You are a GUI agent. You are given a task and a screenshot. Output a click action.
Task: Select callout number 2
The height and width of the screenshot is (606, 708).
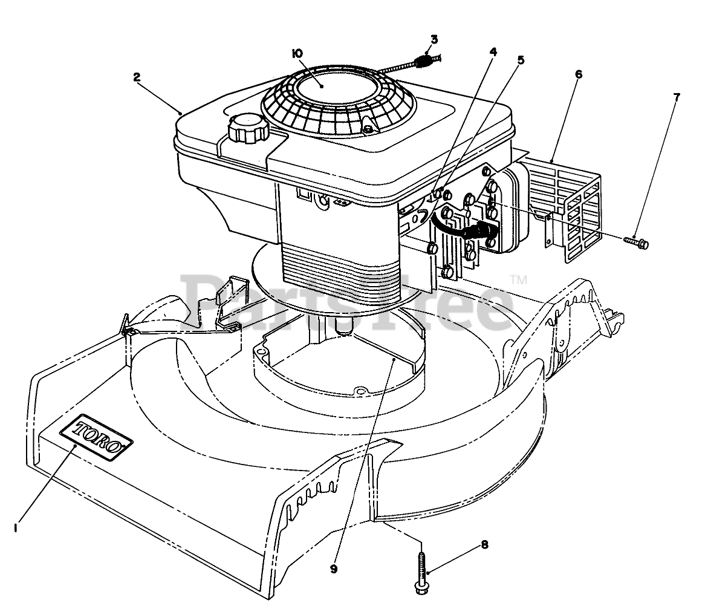click(x=137, y=77)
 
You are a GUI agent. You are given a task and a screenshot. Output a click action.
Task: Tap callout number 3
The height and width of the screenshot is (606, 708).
click(x=434, y=41)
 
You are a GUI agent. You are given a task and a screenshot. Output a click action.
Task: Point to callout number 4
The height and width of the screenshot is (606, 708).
click(x=493, y=52)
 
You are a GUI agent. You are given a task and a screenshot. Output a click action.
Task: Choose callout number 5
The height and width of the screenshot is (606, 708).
click(x=521, y=60)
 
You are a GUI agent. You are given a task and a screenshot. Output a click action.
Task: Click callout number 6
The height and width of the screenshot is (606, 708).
click(x=579, y=74)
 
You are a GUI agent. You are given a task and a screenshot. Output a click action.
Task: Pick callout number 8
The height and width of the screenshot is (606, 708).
click(x=484, y=544)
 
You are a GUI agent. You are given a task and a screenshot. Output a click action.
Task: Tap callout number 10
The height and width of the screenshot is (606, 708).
click(x=297, y=54)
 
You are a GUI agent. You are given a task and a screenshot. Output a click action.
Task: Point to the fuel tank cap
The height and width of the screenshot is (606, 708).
click(x=247, y=128)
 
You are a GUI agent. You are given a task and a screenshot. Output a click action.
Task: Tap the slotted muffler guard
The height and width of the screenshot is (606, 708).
click(x=565, y=206)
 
